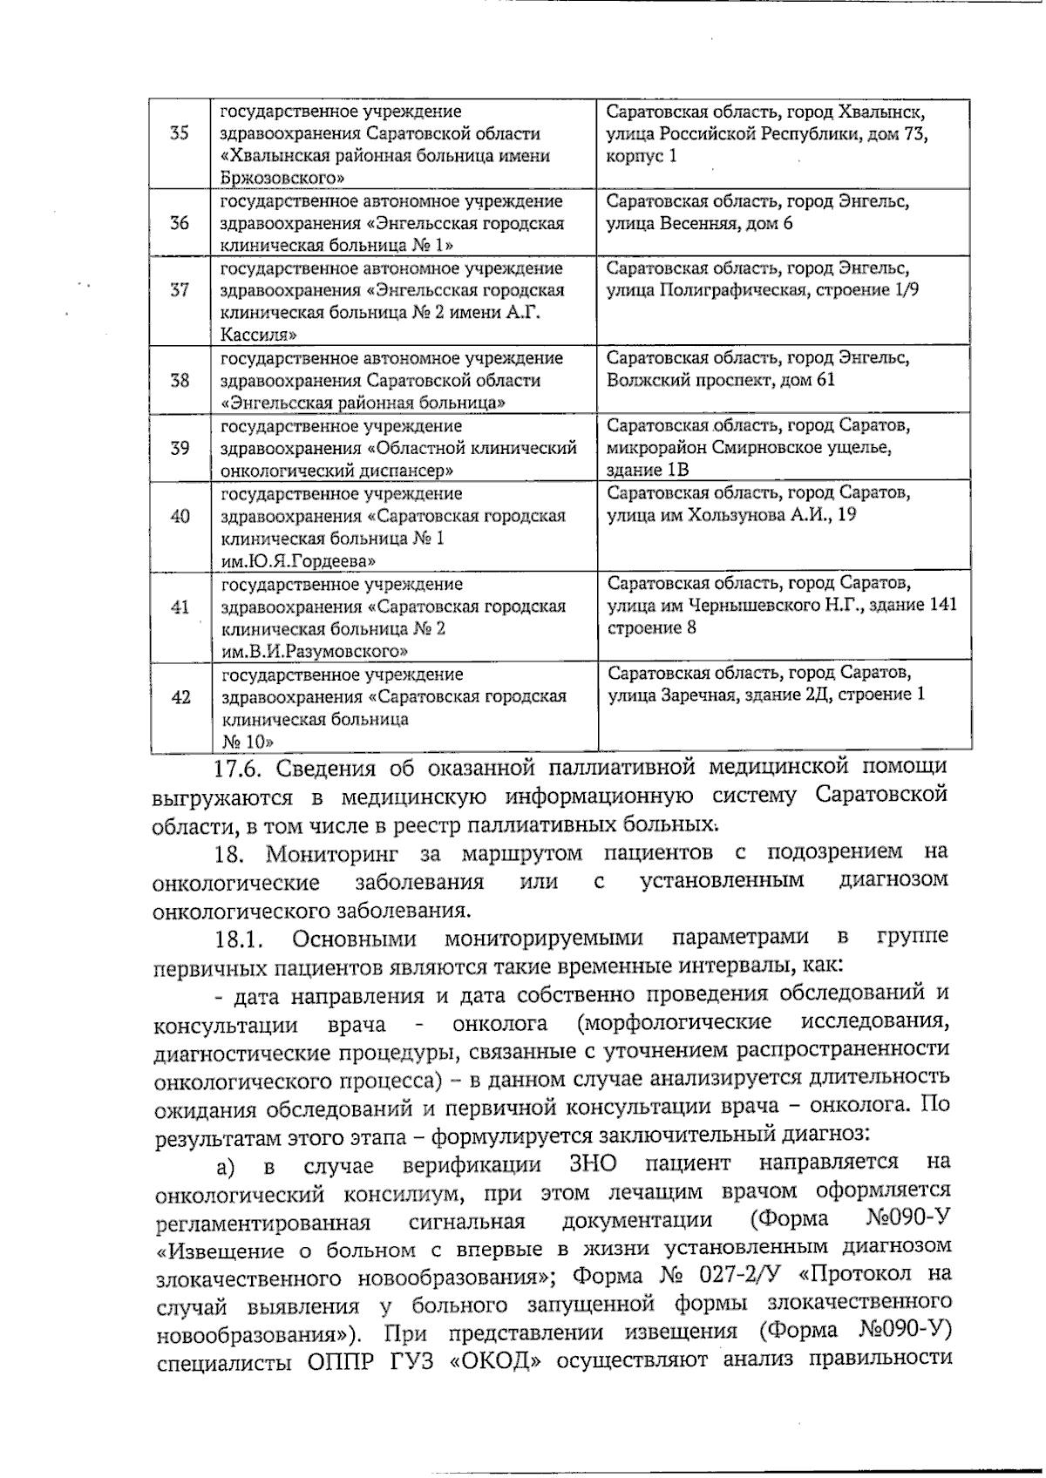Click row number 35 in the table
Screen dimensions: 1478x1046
coord(180,133)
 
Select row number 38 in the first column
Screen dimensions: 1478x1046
coord(180,381)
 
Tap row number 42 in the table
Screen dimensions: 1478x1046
coord(180,697)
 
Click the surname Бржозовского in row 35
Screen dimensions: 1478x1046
coord(279,179)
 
